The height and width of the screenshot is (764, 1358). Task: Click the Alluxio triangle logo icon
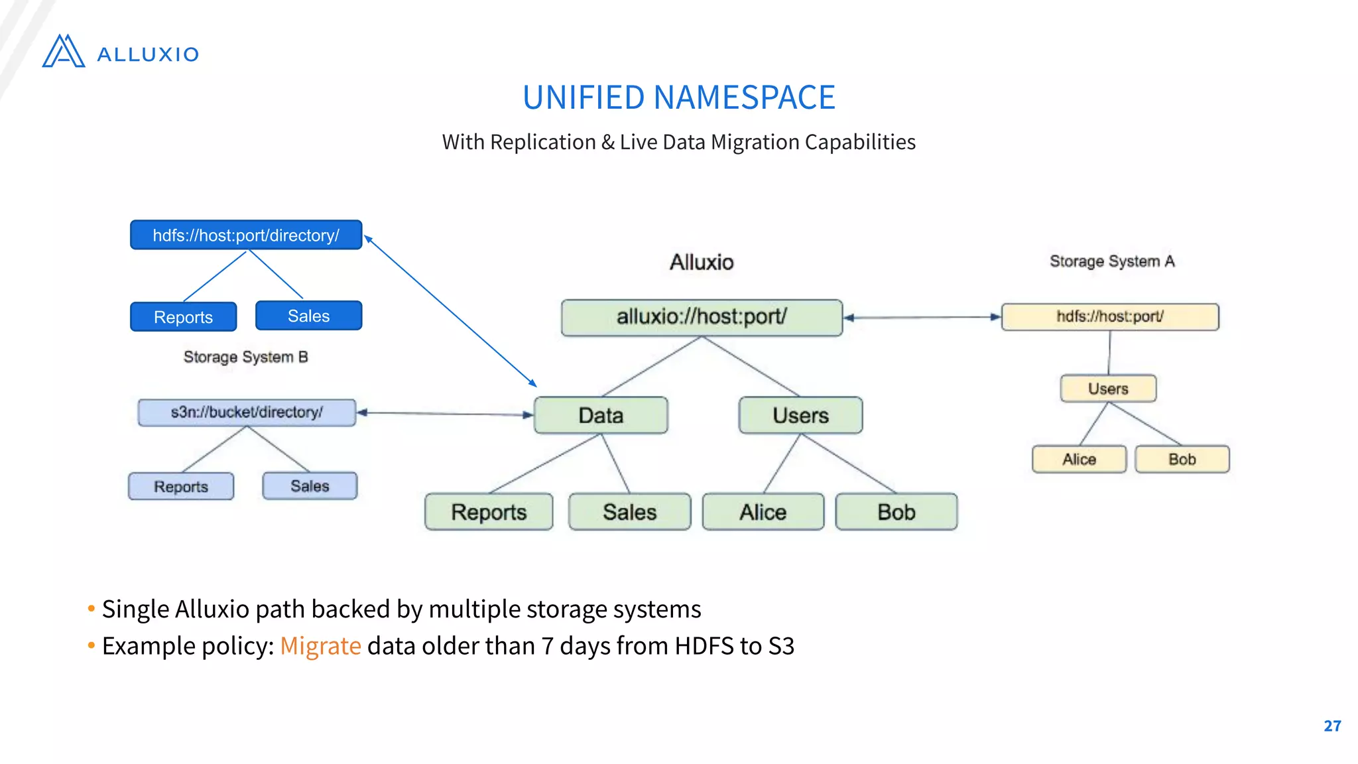point(64,52)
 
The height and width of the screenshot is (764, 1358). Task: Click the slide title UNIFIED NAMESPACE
point(678,97)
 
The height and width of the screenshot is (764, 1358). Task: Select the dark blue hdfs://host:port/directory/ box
point(246,235)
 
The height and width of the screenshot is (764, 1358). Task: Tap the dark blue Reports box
point(183,317)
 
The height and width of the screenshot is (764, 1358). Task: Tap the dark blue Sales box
point(308,316)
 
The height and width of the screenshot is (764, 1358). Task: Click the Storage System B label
point(245,357)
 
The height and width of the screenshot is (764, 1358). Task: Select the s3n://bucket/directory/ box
point(247,412)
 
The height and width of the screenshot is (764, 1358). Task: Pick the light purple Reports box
point(181,486)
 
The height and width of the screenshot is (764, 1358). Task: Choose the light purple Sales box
point(310,485)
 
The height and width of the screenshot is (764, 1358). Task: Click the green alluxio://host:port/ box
point(702,317)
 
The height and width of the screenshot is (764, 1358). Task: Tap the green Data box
point(601,415)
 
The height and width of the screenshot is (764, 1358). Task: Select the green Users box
point(800,415)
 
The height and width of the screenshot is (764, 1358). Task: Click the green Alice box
point(763,511)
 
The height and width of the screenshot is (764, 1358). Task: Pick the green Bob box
point(896,511)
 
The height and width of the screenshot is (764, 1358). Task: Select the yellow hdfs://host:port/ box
point(1109,316)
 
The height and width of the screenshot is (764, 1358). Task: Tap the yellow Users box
point(1108,389)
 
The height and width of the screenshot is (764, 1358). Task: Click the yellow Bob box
point(1182,459)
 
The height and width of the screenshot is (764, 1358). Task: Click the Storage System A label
point(1112,261)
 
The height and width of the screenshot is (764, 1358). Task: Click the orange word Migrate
point(320,645)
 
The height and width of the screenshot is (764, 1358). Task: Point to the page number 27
point(1332,726)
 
